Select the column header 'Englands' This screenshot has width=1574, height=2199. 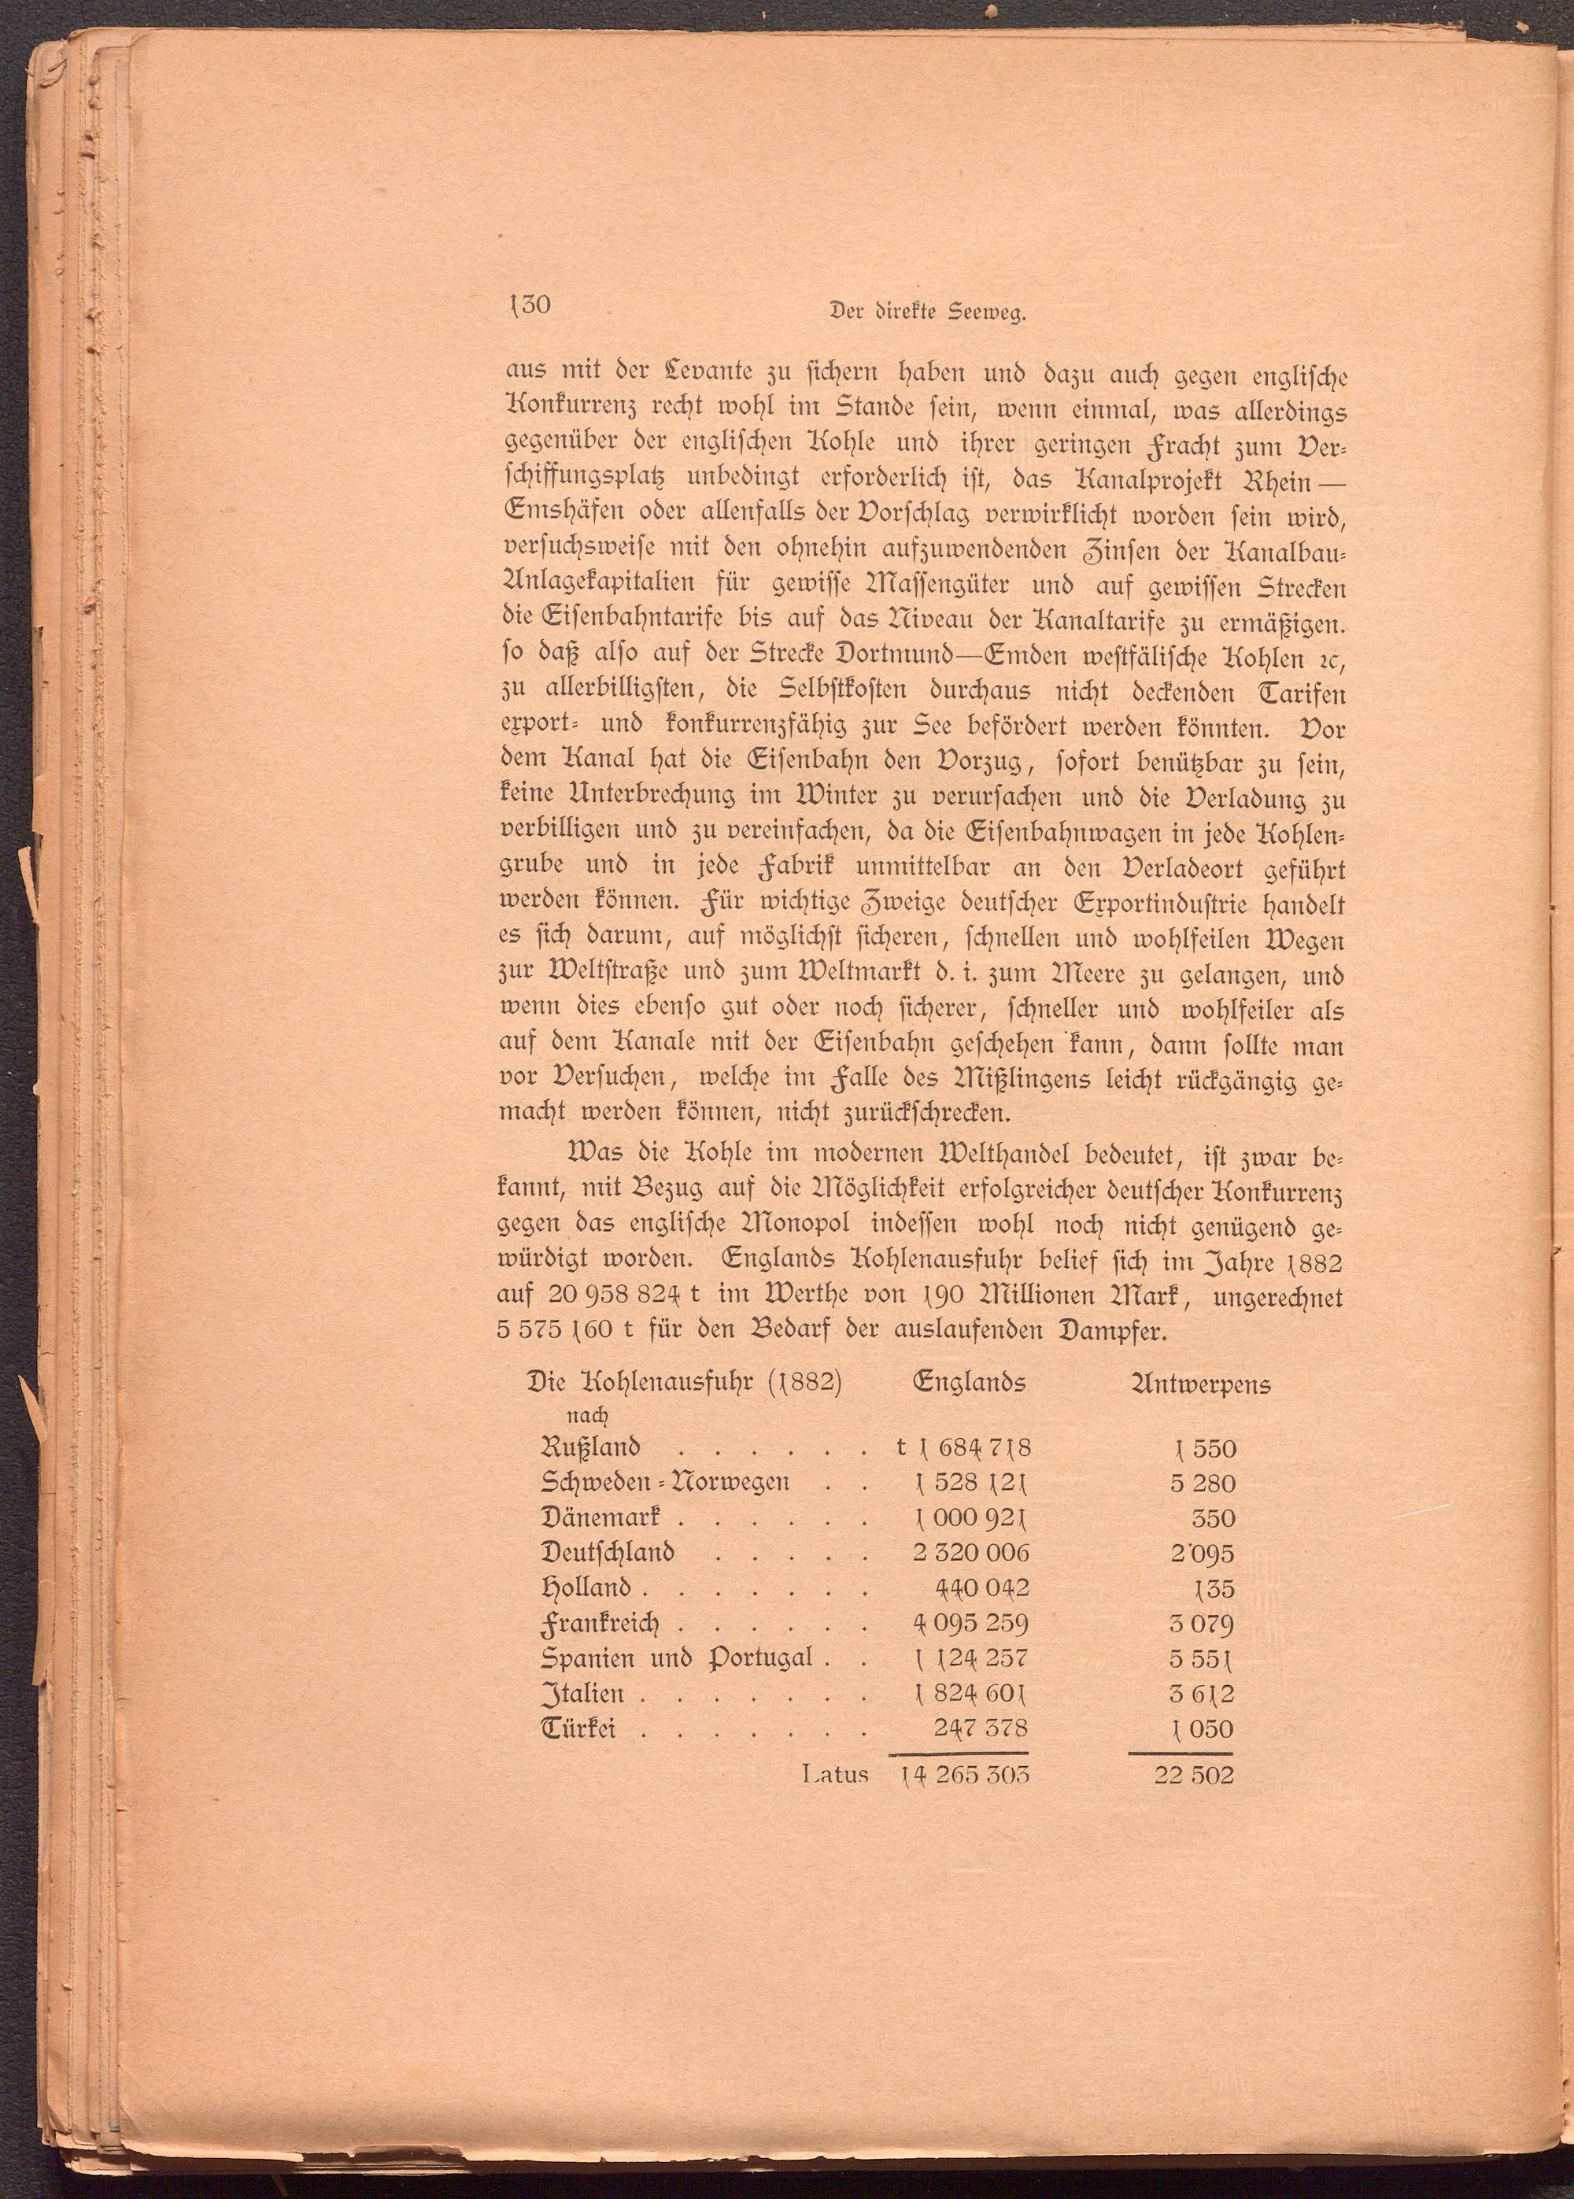(x=970, y=1383)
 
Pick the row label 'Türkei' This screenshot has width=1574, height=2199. (x=578, y=1729)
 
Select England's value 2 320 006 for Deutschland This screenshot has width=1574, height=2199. (x=970, y=1553)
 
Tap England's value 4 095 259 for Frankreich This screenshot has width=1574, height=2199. (x=970, y=1624)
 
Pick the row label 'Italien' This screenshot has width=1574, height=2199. (x=582, y=1694)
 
